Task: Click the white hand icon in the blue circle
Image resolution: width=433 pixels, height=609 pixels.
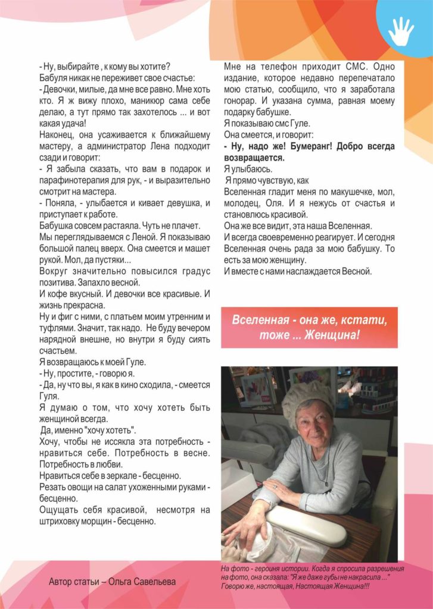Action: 400,31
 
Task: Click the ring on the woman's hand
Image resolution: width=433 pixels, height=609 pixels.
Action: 276,487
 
